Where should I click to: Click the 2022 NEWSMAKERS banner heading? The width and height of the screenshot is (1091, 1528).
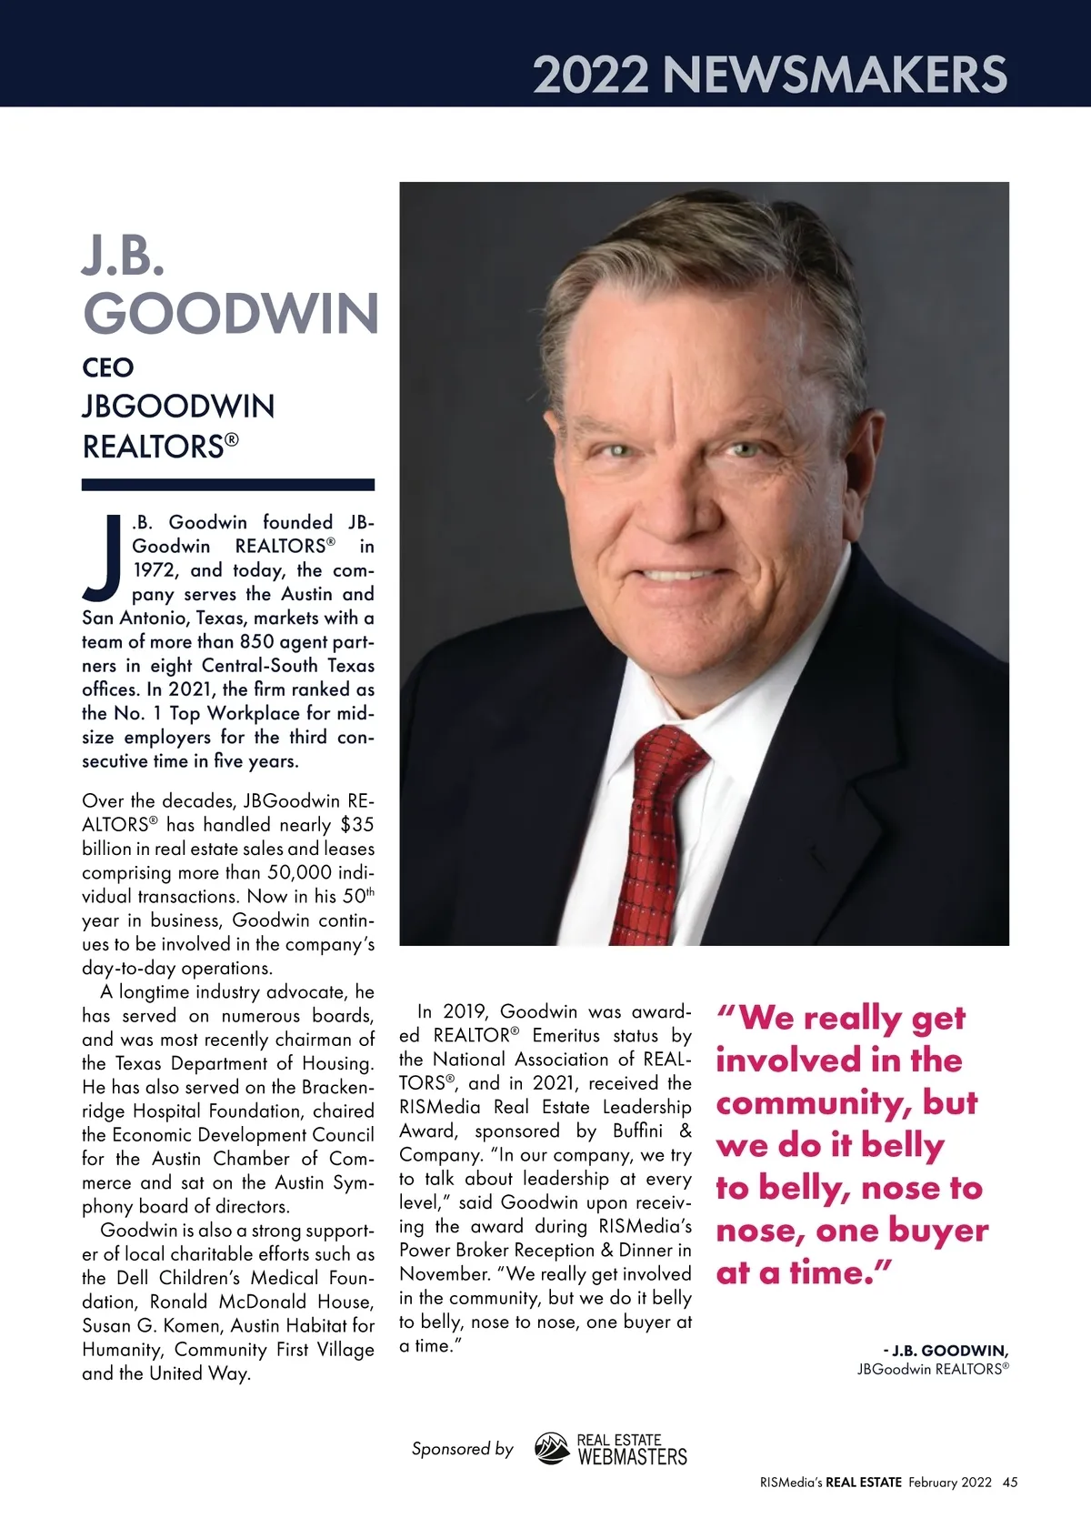(x=769, y=75)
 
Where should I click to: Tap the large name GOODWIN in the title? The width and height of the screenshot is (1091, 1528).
(x=231, y=314)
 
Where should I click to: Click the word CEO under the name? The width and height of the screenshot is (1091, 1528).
(x=108, y=367)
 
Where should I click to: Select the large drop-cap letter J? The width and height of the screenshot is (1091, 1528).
(x=104, y=559)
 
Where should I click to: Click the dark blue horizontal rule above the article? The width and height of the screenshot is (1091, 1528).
(x=227, y=485)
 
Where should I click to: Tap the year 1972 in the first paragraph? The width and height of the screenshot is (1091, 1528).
(x=155, y=570)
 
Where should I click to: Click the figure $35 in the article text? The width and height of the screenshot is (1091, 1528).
(x=356, y=825)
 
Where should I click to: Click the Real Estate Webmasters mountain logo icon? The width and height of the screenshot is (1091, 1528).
(x=551, y=1449)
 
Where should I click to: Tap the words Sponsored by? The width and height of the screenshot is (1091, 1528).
(x=462, y=1449)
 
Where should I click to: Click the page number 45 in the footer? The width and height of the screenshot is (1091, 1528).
(x=1010, y=1483)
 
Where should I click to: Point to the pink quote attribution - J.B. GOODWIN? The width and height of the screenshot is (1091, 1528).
(x=946, y=1351)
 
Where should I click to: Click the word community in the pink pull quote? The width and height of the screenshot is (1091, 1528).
(x=818, y=1103)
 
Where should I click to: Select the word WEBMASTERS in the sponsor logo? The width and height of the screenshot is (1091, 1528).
(x=633, y=1457)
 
